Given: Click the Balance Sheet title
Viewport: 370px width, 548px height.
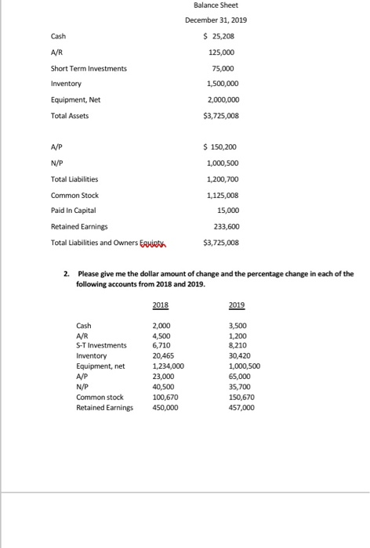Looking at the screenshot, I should (216, 6).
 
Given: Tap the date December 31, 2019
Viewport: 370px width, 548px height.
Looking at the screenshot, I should (216, 21).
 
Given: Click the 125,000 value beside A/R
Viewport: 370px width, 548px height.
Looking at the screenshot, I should (223, 52).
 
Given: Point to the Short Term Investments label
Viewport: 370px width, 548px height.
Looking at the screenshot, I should (89, 68).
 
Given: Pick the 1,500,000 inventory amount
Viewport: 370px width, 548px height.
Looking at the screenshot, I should (223, 84).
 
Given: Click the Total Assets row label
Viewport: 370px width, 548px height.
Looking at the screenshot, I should (70, 116).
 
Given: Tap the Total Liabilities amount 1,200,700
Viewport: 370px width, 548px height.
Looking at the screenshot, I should (223, 178).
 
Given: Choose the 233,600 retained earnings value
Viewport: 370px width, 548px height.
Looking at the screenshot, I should (227, 227).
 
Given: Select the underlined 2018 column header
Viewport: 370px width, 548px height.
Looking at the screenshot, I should (160, 306).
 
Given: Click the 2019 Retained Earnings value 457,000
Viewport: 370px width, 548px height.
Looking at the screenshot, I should (240, 407).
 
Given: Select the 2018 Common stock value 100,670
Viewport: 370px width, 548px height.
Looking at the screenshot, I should (165, 397).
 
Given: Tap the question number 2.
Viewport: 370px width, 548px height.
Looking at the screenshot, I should (67, 274).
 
